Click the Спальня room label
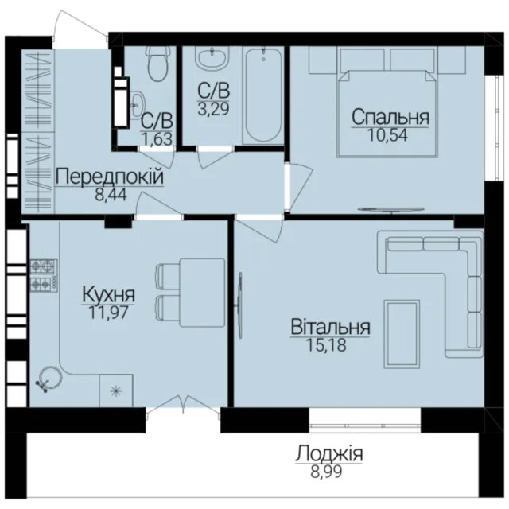click(x=390, y=118)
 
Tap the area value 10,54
click(x=387, y=135)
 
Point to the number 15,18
click(x=326, y=345)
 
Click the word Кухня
click(x=108, y=295)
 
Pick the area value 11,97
click(x=109, y=313)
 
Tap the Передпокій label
click(x=110, y=177)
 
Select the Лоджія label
click(x=328, y=454)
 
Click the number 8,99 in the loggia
click(x=326, y=472)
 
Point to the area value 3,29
click(x=214, y=108)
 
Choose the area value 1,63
click(x=157, y=139)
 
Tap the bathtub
click(x=263, y=95)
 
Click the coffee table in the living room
click(x=402, y=334)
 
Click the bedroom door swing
click(x=301, y=188)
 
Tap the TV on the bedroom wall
click(x=390, y=210)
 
